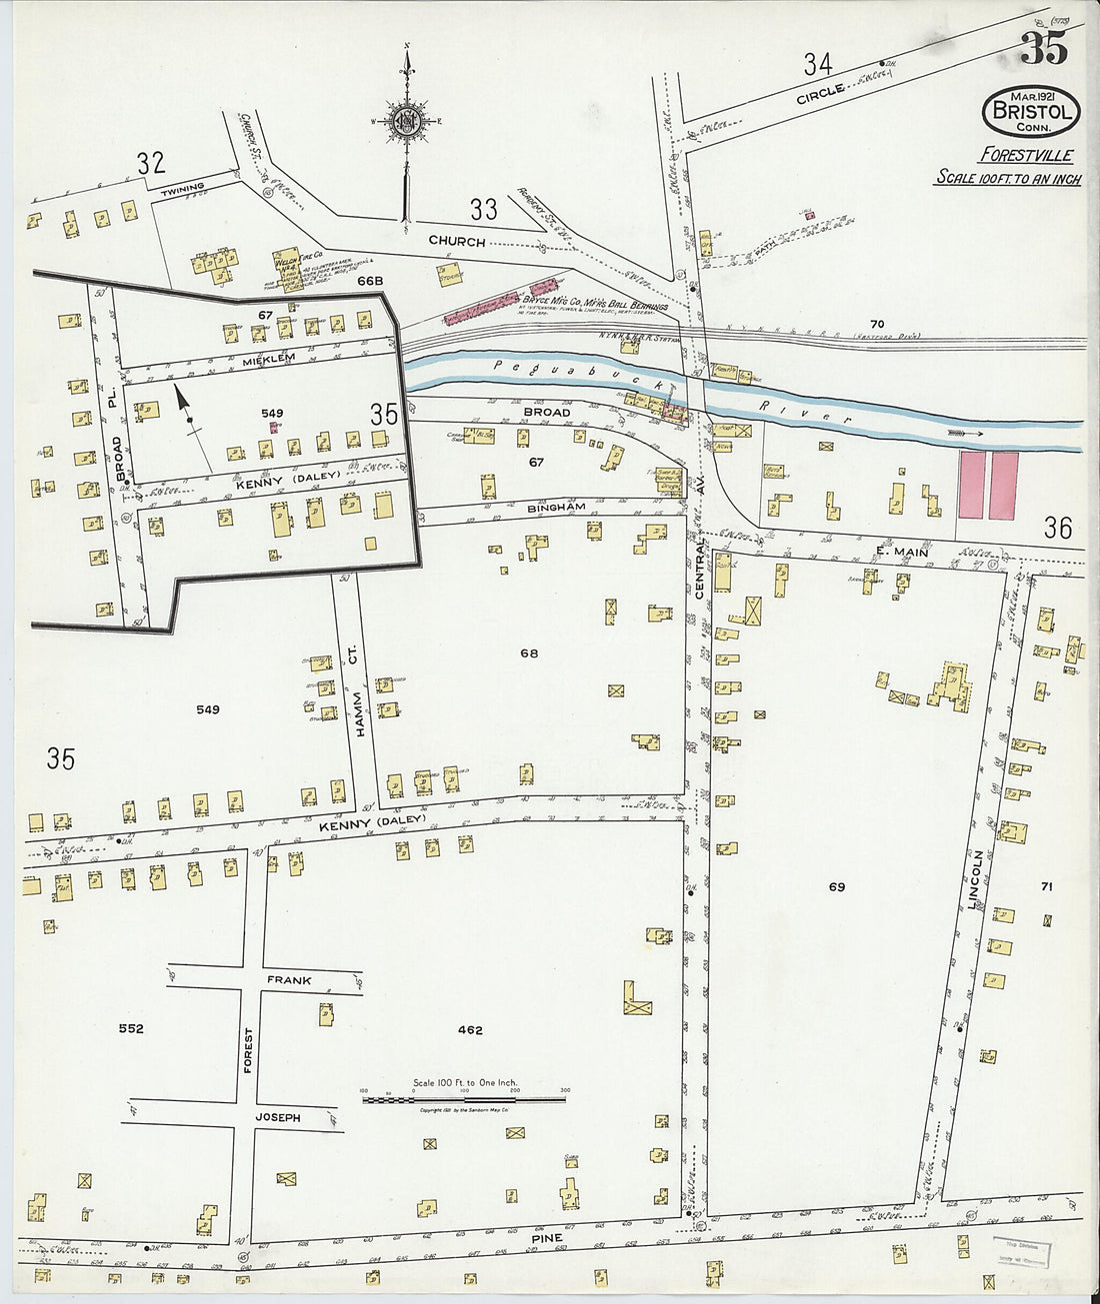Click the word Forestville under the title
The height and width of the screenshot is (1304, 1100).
(1026, 155)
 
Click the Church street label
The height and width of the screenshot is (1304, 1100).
(457, 242)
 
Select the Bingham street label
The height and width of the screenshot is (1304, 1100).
(556, 509)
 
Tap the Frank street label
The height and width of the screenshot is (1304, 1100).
(289, 980)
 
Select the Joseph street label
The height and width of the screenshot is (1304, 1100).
(279, 1117)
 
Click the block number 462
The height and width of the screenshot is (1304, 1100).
(470, 1030)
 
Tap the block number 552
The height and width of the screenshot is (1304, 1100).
(131, 1028)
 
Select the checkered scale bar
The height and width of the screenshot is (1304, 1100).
(464, 1099)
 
